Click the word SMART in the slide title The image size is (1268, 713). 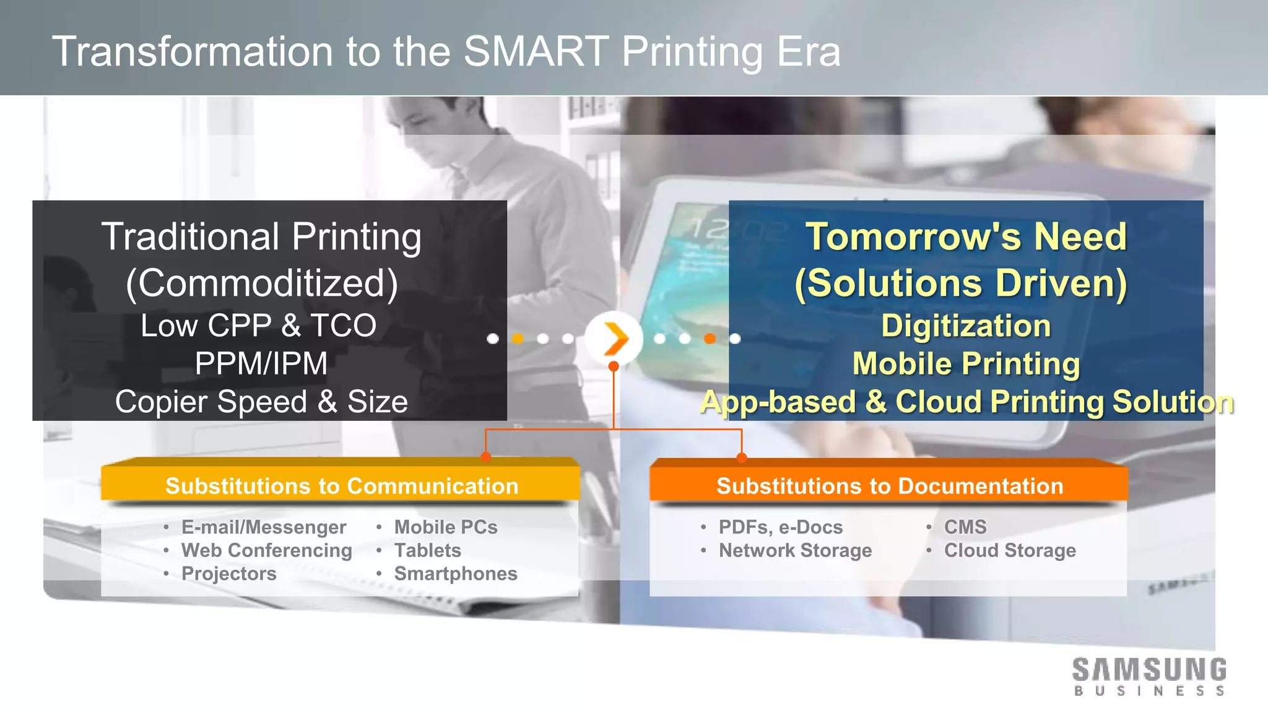pyautogui.click(x=536, y=51)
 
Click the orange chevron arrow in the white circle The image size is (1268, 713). pyautogui.click(x=615, y=339)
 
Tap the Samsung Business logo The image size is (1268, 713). pyautogui.click(x=1149, y=676)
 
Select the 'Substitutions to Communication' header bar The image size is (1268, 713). pyautogui.click(x=341, y=486)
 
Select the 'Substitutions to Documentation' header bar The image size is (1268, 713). pyautogui.click(x=890, y=486)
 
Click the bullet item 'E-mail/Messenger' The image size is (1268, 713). pyautogui.click(x=263, y=527)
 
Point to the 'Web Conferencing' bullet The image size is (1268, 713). pyautogui.click(x=266, y=550)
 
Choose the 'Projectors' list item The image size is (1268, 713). pyautogui.click(x=228, y=574)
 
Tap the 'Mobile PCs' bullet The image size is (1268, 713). pyautogui.click(x=446, y=527)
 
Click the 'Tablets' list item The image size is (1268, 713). pyautogui.click(x=427, y=550)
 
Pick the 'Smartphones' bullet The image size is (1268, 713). pyautogui.click(x=456, y=574)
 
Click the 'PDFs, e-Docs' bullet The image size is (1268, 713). pyautogui.click(x=780, y=527)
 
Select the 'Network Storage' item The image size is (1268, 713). pyautogui.click(x=795, y=550)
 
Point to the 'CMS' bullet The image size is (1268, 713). pyautogui.click(x=965, y=527)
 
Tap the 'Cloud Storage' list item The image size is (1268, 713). pyautogui.click(x=1010, y=550)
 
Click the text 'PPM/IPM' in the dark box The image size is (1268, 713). pyautogui.click(x=261, y=363)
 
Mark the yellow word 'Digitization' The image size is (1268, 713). pyautogui.click(x=966, y=326)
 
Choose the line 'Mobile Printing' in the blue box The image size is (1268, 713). pyautogui.click(x=966, y=363)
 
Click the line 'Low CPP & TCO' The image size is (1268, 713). pyautogui.click(x=258, y=326)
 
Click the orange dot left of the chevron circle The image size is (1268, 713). pyautogui.click(x=518, y=339)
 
